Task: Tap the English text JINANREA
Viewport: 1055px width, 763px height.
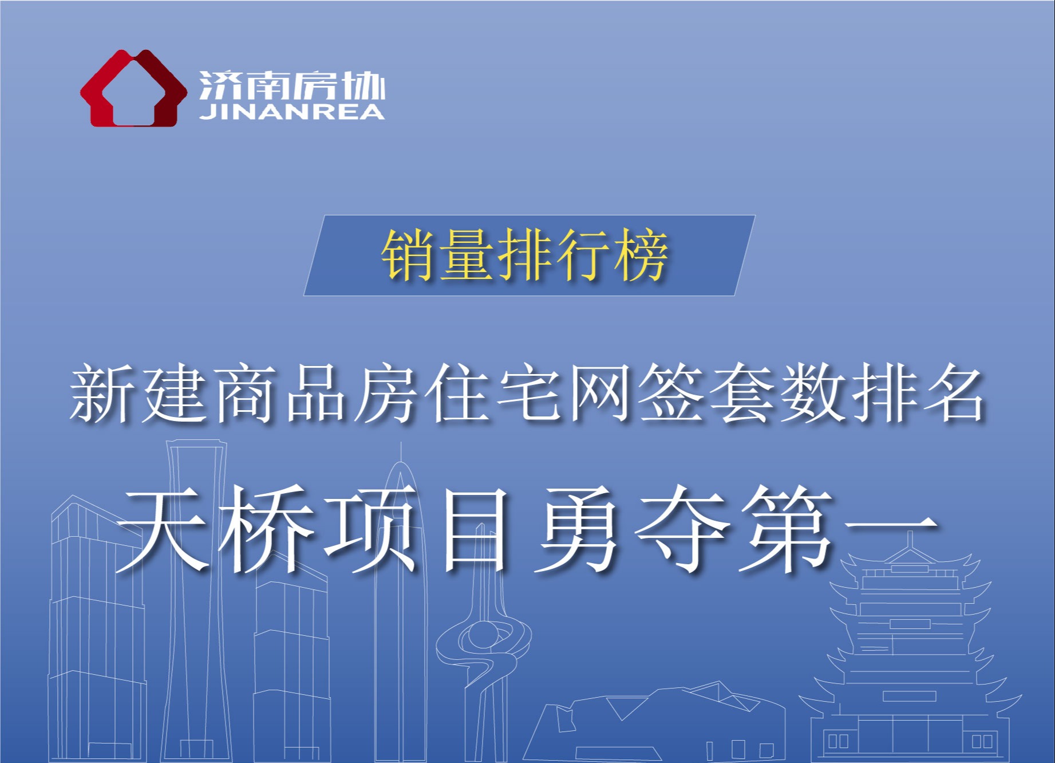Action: pos(292,111)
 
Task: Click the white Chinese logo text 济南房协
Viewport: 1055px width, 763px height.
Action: pos(292,85)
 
